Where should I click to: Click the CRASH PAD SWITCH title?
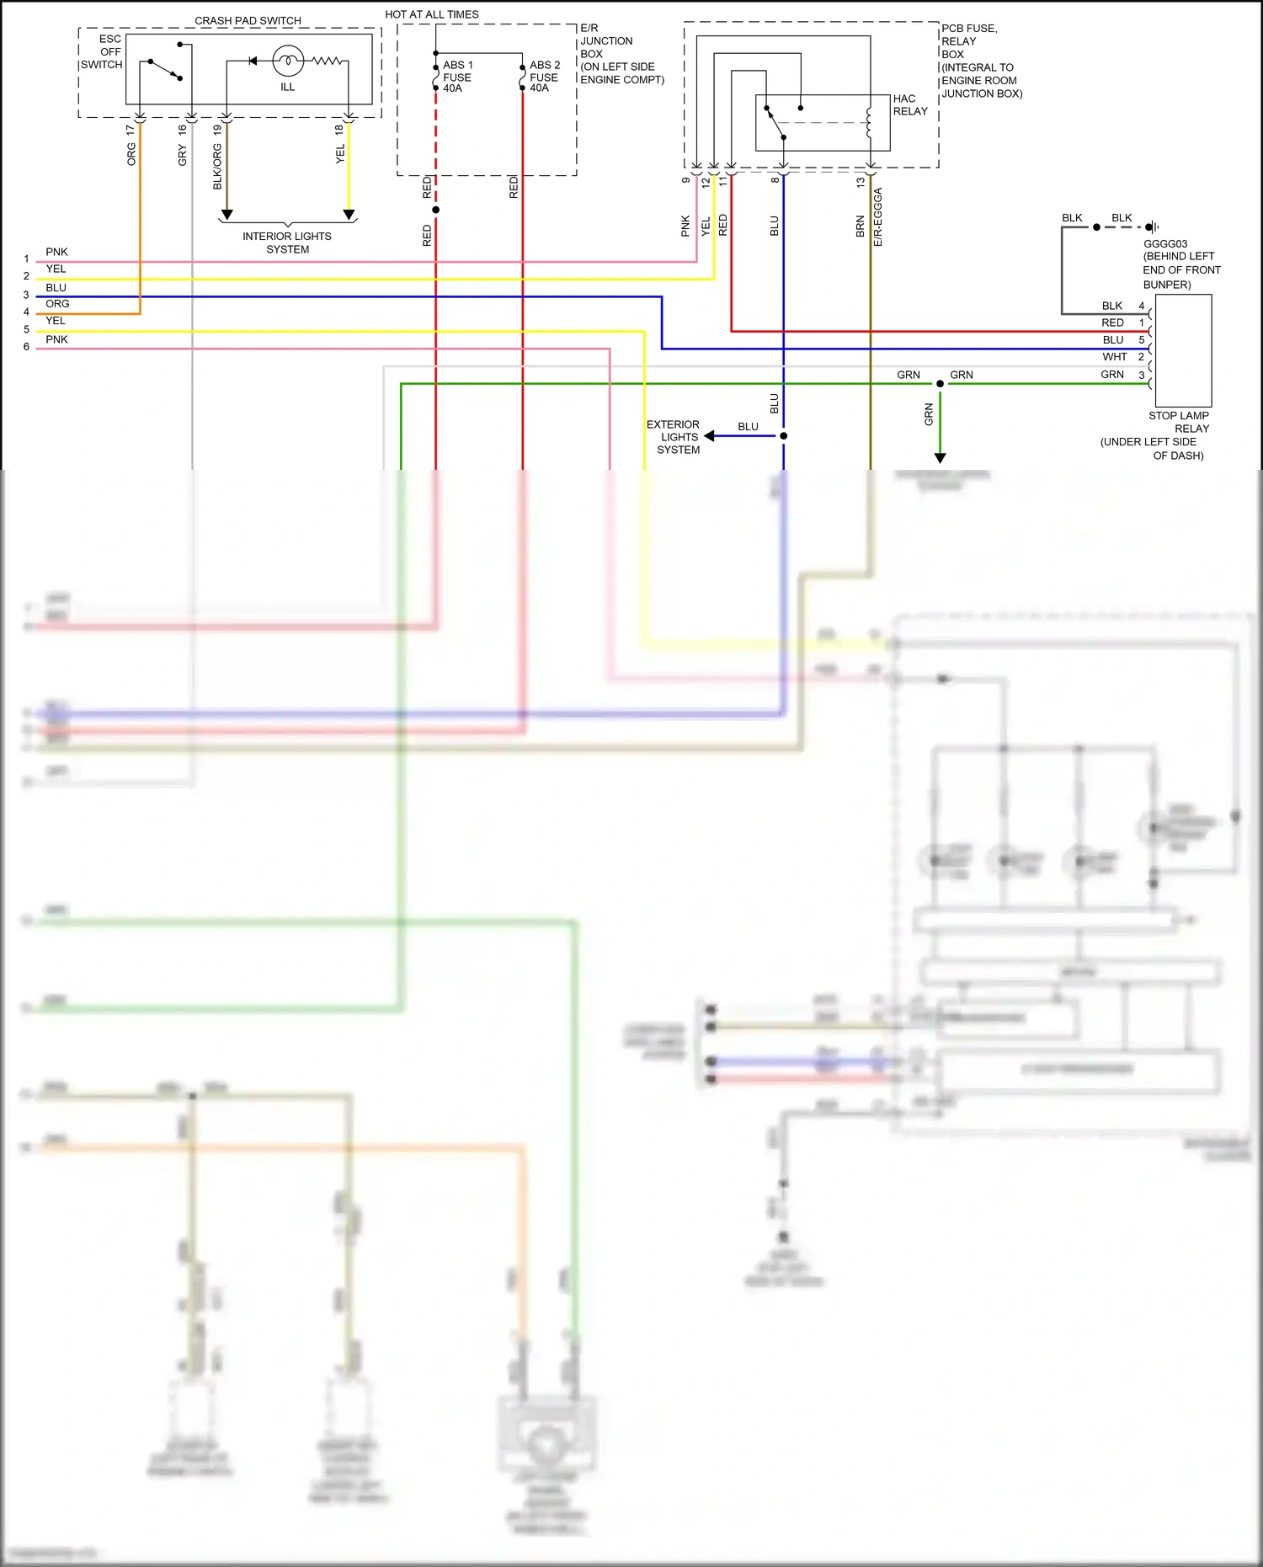[248, 20]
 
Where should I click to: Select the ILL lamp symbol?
[288, 61]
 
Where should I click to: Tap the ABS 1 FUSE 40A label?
[457, 77]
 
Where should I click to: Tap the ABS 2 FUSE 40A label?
[544, 77]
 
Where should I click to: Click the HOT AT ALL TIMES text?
[431, 14]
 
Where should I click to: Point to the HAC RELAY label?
[909, 105]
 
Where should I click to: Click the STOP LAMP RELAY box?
[1183, 350]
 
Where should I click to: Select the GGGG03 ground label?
[1164, 244]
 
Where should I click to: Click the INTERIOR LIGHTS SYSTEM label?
[287, 243]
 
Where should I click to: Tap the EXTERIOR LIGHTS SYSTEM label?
[674, 437]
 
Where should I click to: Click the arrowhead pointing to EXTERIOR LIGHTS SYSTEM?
[709, 436]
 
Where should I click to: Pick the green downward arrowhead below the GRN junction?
[940, 458]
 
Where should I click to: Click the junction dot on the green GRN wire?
[940, 384]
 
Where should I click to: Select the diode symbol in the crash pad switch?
[253, 61]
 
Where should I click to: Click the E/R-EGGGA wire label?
[877, 217]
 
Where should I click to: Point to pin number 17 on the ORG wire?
[130, 131]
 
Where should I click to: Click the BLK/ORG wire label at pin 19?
[217, 166]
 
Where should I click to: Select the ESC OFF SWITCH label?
[103, 51]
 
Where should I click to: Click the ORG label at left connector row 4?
[57, 304]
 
